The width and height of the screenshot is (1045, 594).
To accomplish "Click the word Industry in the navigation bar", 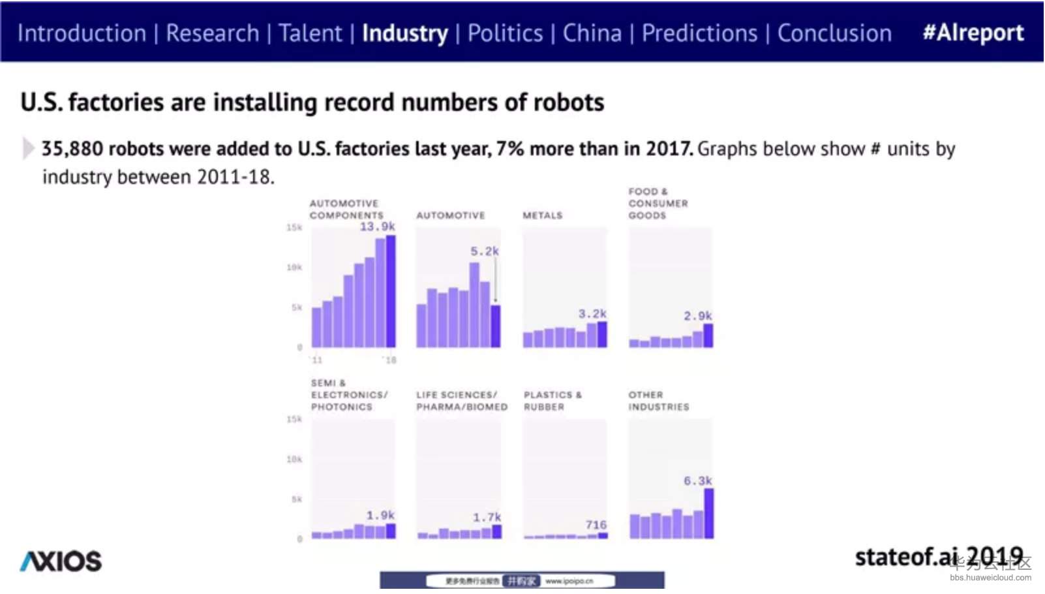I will [x=404, y=33].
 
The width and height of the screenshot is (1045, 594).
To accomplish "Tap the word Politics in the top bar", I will [x=505, y=33].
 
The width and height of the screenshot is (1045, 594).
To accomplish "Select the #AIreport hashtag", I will [x=973, y=33].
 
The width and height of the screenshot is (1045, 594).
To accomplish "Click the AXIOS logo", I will [x=61, y=561].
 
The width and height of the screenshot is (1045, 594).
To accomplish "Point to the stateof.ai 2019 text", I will [x=939, y=557].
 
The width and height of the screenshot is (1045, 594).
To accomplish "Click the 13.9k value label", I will [x=377, y=227].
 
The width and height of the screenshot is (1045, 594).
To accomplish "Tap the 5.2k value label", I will [x=484, y=251].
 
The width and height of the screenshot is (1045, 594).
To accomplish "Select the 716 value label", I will [x=596, y=525].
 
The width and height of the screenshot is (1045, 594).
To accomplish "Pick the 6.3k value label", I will [x=697, y=481].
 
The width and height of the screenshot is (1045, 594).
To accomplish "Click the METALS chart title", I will [x=542, y=215].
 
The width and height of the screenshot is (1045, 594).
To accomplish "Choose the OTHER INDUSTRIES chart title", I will [x=658, y=401].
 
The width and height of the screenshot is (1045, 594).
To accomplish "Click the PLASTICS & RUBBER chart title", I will [x=552, y=401].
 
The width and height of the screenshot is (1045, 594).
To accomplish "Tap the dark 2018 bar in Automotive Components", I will [x=391, y=291].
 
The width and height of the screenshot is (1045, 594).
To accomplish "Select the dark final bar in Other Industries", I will [x=709, y=514].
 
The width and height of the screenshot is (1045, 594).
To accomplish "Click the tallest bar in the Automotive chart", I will [x=474, y=305].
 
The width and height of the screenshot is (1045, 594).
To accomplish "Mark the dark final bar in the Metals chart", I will [x=602, y=334].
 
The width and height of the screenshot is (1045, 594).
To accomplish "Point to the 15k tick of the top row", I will [x=294, y=228].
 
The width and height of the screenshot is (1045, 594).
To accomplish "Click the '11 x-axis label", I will [x=317, y=360].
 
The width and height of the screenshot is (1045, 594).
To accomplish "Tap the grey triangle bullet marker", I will [x=28, y=148].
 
